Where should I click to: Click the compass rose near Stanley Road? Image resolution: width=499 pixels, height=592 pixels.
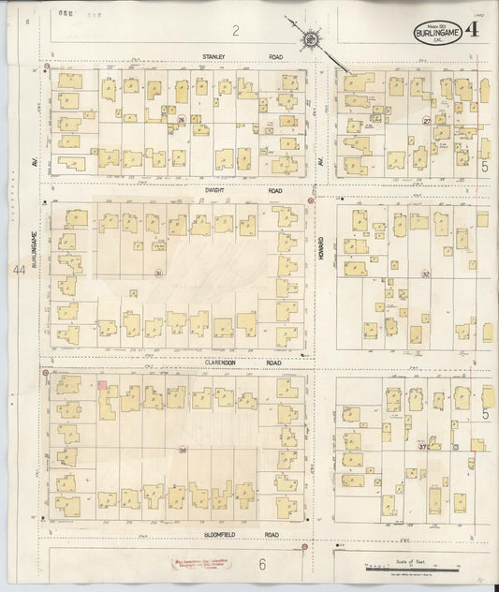(310, 39)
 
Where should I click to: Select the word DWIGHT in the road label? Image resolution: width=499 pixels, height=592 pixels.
(215, 190)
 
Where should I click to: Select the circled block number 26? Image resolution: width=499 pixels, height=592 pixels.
(170, 120)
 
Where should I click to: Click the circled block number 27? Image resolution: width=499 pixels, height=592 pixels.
(427, 120)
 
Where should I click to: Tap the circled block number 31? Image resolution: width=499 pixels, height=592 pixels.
(159, 273)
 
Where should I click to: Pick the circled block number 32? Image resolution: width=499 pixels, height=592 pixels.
(425, 274)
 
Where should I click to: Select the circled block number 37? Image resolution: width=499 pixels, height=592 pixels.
(424, 446)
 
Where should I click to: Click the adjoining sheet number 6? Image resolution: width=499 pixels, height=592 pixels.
(263, 563)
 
